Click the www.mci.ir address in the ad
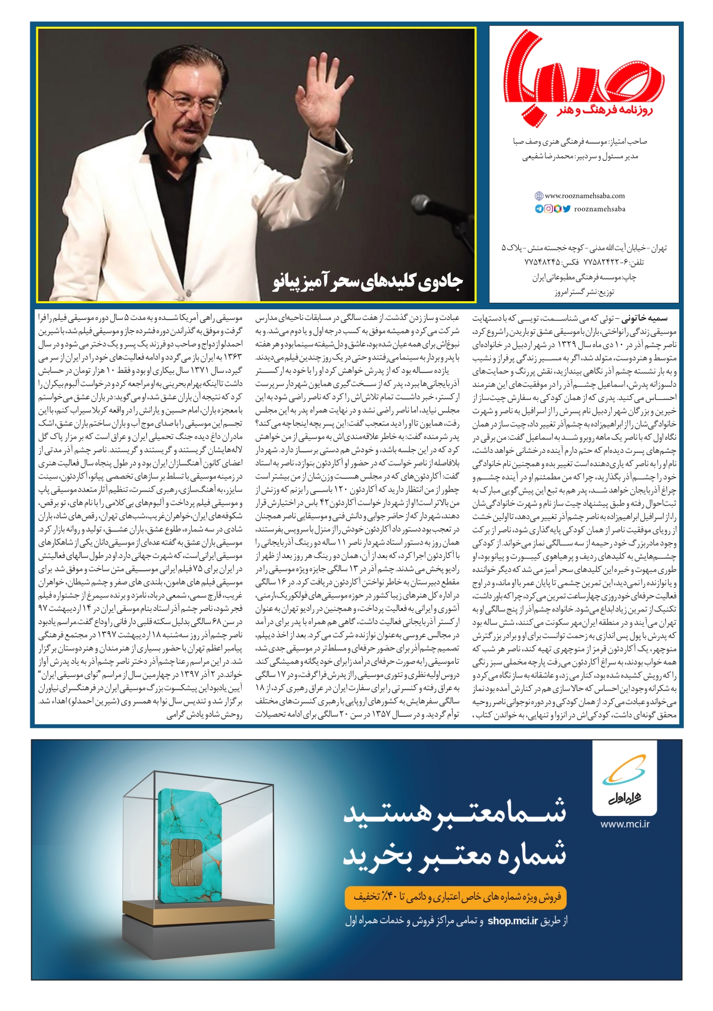tap(625, 825)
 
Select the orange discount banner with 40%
tap(455, 897)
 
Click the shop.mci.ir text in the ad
tap(512, 921)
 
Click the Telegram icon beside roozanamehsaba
tap(539, 209)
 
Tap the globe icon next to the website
tap(539, 196)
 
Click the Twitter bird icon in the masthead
tap(567, 209)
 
